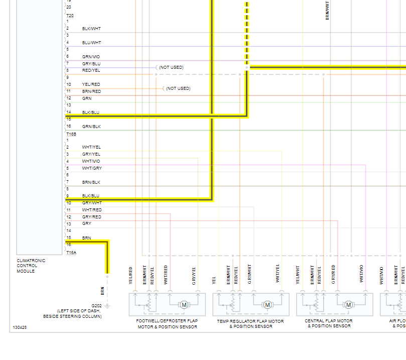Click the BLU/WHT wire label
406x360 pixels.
(x=91, y=43)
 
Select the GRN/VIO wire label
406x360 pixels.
(x=91, y=57)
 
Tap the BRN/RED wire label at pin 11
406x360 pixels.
(x=91, y=91)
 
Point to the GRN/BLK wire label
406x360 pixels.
(x=91, y=127)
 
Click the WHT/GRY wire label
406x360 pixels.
(x=92, y=168)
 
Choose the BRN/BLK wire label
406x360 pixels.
(x=91, y=182)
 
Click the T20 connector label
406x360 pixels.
(x=70, y=16)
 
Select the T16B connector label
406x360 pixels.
(x=71, y=134)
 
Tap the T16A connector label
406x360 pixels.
(x=71, y=253)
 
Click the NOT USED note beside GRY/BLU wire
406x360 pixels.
(x=171, y=67)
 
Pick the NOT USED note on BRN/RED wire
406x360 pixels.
(x=178, y=88)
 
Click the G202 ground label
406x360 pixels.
(x=96, y=305)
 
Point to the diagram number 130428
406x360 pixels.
(x=20, y=327)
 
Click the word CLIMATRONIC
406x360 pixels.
(x=31, y=261)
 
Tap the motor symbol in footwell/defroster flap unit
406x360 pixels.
(x=184, y=305)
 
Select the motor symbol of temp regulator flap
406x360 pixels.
(x=267, y=305)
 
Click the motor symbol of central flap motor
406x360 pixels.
(x=348, y=305)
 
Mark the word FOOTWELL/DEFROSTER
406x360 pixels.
(x=159, y=321)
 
